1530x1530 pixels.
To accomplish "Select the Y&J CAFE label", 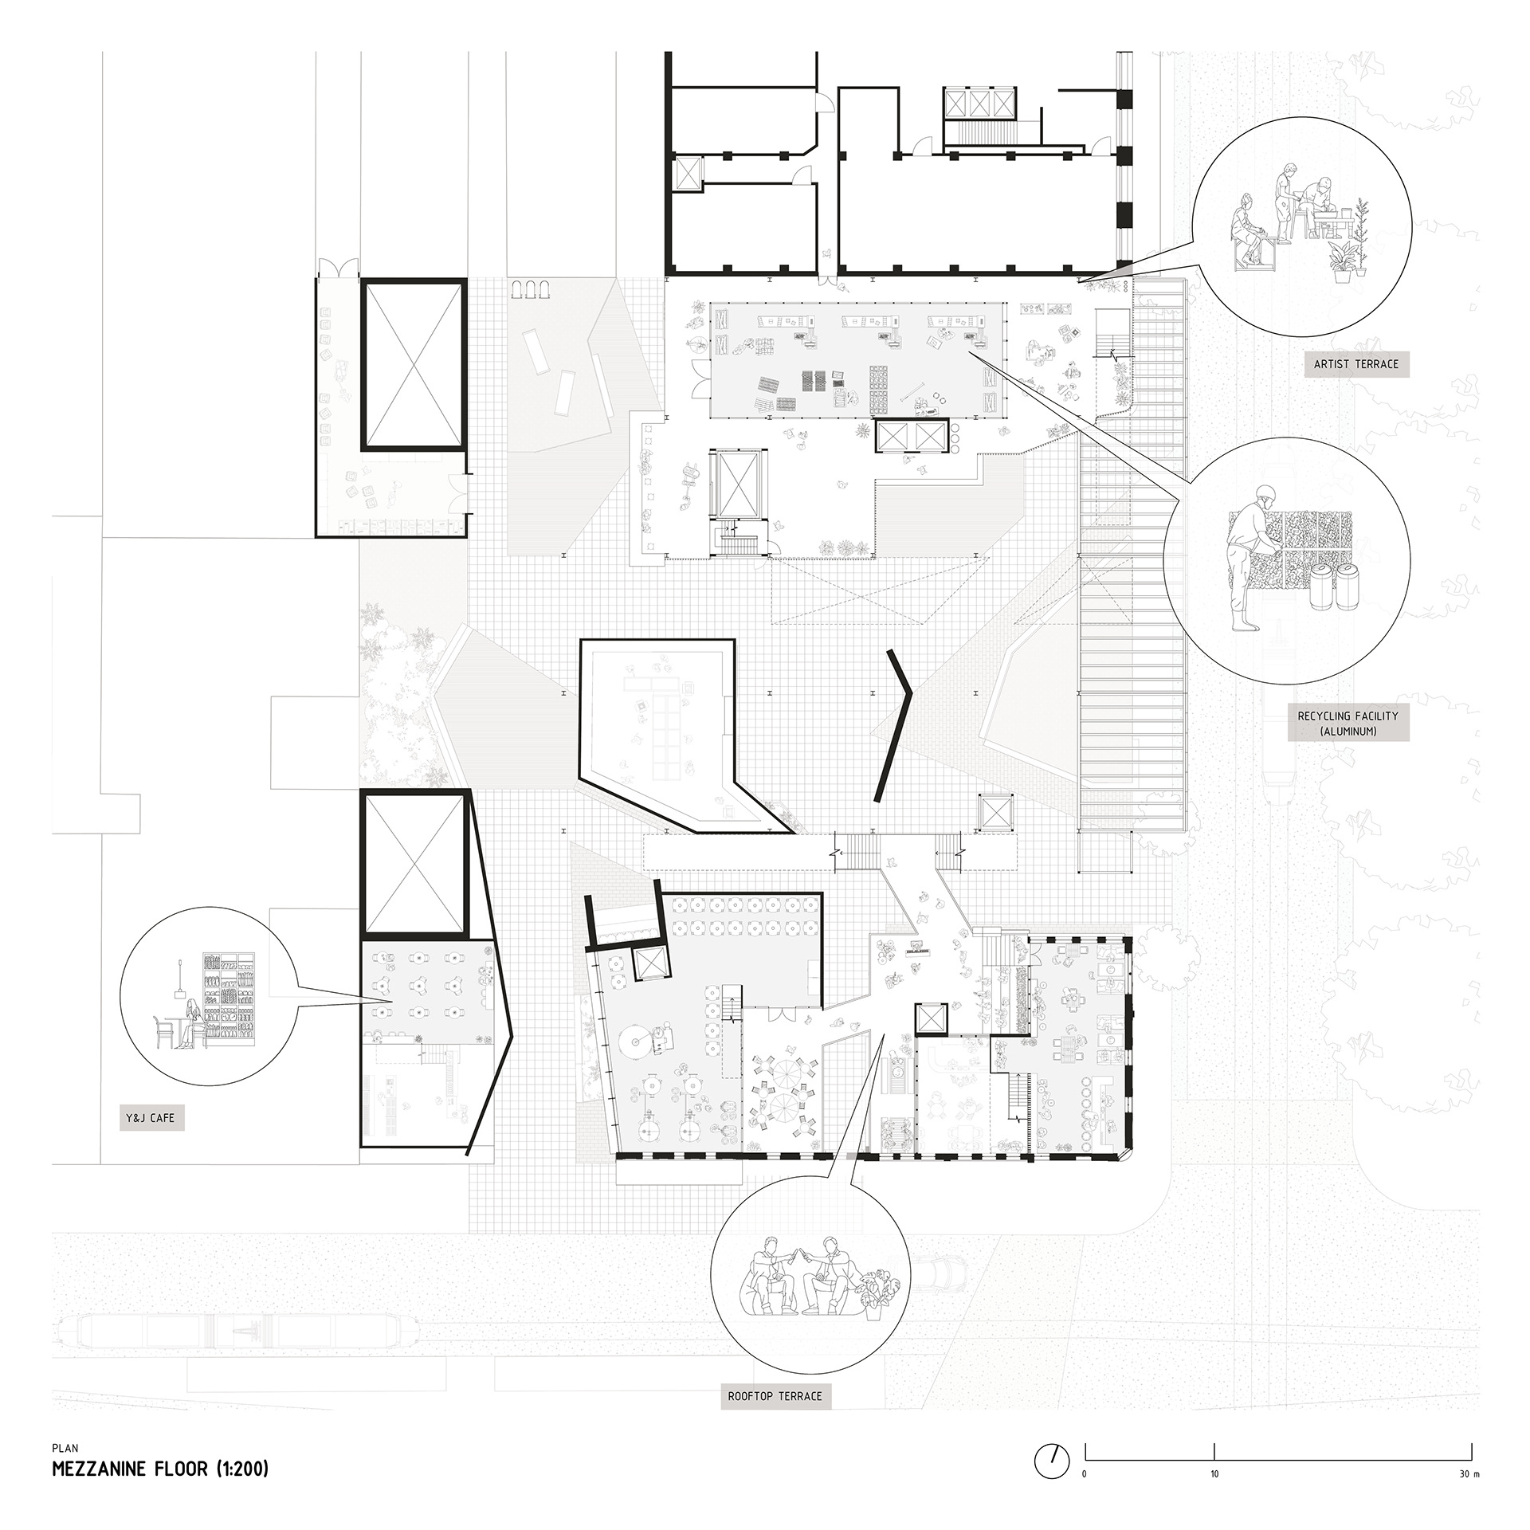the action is coord(152,1119).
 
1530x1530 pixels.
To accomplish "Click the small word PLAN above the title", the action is coord(65,1450).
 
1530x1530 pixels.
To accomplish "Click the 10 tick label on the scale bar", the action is coord(1214,1473).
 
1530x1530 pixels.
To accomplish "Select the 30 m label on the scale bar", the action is coord(1469,1473).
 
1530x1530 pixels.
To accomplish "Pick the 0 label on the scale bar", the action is coord(1084,1473).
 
